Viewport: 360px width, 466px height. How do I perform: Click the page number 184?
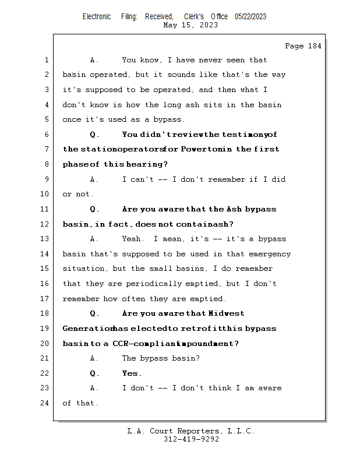pos(312,46)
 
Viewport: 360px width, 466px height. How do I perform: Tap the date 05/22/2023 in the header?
pos(250,17)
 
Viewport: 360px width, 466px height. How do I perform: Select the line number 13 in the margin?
pos(47,239)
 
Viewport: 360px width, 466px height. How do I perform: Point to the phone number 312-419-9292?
pos(191,440)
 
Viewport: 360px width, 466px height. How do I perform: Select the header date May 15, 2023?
pos(191,25)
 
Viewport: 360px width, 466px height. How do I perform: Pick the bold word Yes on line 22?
pos(131,373)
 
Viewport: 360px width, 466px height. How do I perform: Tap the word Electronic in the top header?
pos(97,17)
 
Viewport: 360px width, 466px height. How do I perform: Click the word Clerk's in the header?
pos(195,17)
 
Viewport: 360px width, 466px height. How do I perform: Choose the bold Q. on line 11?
pos(95,209)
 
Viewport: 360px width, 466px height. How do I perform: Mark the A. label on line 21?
pos(95,358)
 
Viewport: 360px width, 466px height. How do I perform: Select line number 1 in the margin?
pos(47,60)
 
